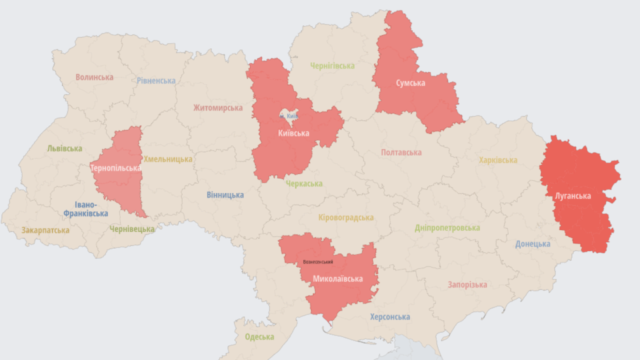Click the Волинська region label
94,77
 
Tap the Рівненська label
156,80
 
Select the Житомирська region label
218,107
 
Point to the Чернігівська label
332,65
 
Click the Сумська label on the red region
410,83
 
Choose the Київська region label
293,133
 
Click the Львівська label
64,148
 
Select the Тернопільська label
115,168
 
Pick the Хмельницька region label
167,159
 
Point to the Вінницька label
225,195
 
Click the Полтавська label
401,152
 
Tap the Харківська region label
498,160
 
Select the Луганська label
572,195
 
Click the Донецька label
532,244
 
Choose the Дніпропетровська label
447,228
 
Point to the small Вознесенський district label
318,262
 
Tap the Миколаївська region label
337,278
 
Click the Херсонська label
390,317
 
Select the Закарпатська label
45,230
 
